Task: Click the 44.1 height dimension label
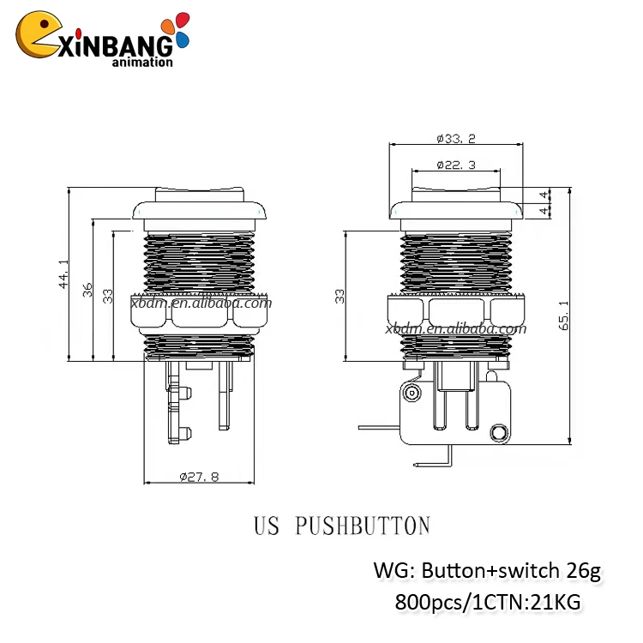click(63, 275)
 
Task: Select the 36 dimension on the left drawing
click(87, 290)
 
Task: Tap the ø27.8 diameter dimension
click(200, 477)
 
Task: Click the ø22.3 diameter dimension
click(455, 164)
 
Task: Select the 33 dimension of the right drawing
click(340, 296)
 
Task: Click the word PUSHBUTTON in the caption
click(362, 525)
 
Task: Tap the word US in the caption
click(267, 525)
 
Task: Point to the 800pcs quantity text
click(427, 603)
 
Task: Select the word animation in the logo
click(142, 61)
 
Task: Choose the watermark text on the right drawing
click(455, 328)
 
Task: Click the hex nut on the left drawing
click(200, 312)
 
